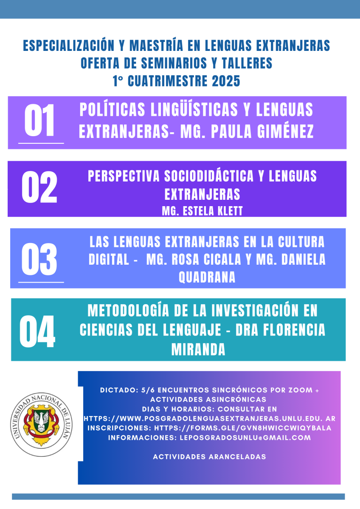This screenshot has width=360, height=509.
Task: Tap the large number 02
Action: point(39,187)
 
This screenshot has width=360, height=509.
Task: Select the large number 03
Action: point(39,258)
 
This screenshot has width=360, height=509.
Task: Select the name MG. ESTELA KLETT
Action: point(202,211)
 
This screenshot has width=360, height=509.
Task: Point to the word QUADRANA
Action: point(207,277)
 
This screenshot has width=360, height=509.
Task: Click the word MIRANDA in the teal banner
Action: point(198,350)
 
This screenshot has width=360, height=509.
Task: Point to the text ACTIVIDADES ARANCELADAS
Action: point(209,457)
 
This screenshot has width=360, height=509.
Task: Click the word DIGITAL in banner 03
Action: point(109,259)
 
